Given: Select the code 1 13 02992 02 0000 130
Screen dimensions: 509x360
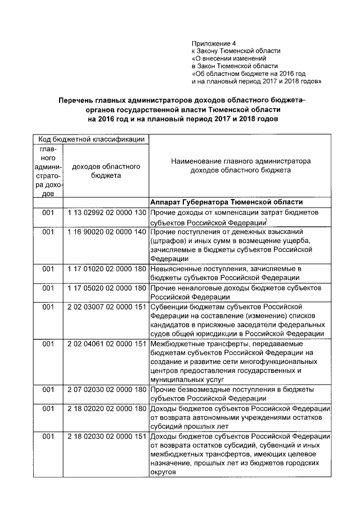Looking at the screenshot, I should click(106, 214).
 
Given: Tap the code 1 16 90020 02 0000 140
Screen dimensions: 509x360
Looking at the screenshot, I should click(106, 232).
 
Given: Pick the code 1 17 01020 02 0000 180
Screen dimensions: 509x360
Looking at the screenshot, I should click(106, 269).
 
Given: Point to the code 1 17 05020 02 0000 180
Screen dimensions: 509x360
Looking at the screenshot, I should click(106, 288).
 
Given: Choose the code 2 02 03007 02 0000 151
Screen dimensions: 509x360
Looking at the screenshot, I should click(106, 307).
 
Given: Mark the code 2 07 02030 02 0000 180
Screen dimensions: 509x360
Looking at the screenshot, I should click(106, 390).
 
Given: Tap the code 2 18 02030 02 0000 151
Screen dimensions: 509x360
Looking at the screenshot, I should click(106, 436).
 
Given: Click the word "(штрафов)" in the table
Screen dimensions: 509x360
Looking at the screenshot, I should click(168, 241).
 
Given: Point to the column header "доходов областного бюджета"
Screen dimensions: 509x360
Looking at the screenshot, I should click(106, 171).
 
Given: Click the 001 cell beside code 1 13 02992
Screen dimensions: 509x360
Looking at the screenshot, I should click(48, 214).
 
